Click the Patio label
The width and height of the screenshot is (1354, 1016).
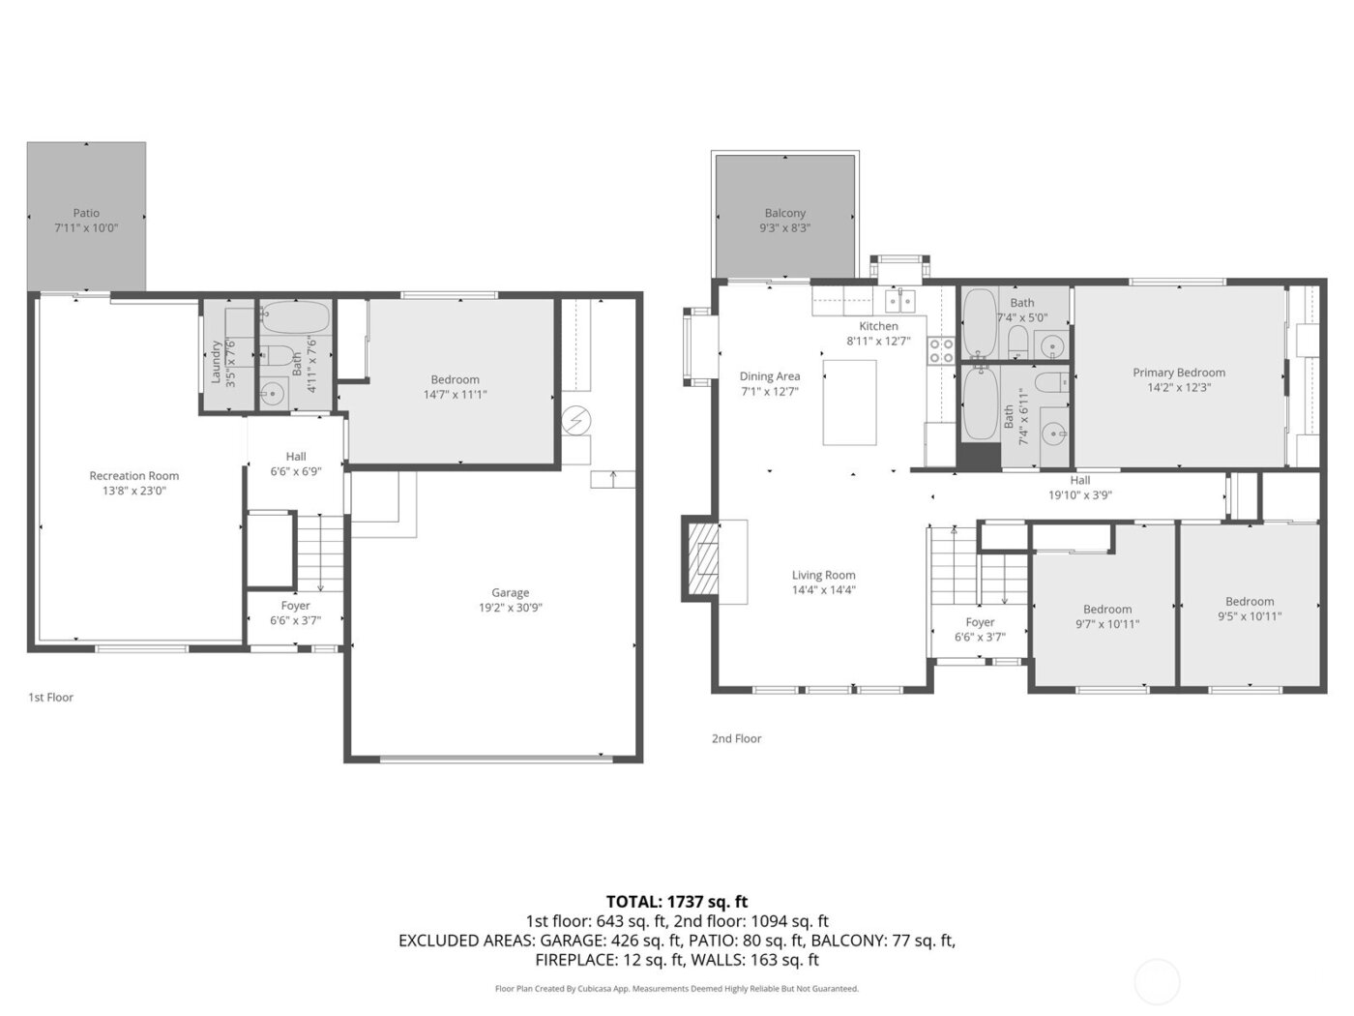tap(86, 213)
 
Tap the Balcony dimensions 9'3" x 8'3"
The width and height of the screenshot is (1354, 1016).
tap(784, 228)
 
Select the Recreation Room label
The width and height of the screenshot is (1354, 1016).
tap(134, 475)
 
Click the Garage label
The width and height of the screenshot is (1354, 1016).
tap(510, 592)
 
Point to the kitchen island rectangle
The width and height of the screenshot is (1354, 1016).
tap(849, 403)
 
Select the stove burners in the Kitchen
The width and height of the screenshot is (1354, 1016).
tap(940, 350)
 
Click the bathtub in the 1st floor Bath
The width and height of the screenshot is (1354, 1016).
tap(296, 316)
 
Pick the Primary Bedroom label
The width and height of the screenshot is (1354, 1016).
tap(1179, 373)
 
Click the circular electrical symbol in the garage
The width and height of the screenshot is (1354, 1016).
tap(575, 420)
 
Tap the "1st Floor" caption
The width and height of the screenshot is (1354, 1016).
tap(50, 697)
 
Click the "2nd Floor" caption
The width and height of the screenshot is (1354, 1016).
tap(736, 738)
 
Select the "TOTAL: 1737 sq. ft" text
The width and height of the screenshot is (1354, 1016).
tap(677, 901)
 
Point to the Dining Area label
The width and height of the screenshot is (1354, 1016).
tap(770, 376)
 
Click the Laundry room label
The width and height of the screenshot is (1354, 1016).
tap(217, 362)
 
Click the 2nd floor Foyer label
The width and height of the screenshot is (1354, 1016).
tap(980, 622)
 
